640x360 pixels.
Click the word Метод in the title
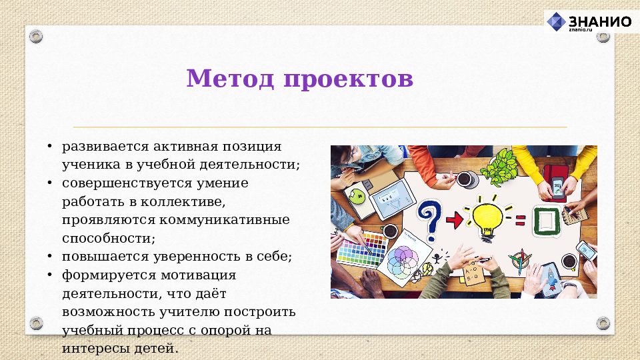[230, 79]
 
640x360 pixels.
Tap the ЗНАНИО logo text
[599, 21]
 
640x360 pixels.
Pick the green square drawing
[545, 220]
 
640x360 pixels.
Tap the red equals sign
[519, 219]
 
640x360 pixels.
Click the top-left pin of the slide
[36, 36]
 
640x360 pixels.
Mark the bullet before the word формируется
[49, 275]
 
